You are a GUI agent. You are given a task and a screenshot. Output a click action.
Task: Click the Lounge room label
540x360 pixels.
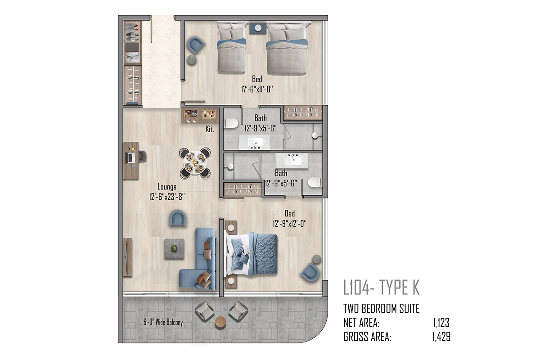(167, 187)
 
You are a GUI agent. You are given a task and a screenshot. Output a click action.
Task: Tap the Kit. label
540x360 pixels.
(210, 129)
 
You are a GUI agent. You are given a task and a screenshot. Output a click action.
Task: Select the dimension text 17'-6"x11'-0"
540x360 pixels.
(257, 89)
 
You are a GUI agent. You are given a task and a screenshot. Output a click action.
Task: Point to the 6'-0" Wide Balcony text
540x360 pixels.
(163, 322)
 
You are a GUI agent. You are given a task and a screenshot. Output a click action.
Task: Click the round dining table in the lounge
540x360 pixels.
(195, 163)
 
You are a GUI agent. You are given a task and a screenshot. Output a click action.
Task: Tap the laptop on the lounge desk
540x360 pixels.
(130, 158)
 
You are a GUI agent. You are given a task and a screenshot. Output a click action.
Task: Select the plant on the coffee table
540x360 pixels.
(174, 248)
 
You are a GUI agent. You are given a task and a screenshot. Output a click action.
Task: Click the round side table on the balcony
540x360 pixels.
(220, 322)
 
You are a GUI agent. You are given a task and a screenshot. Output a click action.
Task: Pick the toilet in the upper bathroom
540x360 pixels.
(232, 123)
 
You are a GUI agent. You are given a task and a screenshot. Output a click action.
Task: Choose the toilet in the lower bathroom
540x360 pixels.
(315, 182)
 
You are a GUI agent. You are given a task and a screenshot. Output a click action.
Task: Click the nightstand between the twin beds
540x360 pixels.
(258, 28)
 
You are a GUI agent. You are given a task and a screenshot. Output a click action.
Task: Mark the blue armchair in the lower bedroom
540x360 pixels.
(310, 272)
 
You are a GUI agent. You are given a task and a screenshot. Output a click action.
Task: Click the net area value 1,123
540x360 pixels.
(441, 323)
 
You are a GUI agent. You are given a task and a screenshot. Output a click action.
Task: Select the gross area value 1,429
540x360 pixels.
(441, 337)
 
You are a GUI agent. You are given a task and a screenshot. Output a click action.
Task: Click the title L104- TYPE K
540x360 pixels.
(382, 288)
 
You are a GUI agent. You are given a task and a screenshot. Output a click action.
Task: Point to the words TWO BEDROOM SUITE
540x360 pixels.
(382, 309)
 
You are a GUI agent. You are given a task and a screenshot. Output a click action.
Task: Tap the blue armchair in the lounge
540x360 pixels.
(178, 218)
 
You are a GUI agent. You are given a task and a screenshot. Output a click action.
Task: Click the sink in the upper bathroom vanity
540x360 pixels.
(255, 142)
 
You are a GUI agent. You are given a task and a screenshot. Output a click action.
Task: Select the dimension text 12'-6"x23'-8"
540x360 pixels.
(167, 197)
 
